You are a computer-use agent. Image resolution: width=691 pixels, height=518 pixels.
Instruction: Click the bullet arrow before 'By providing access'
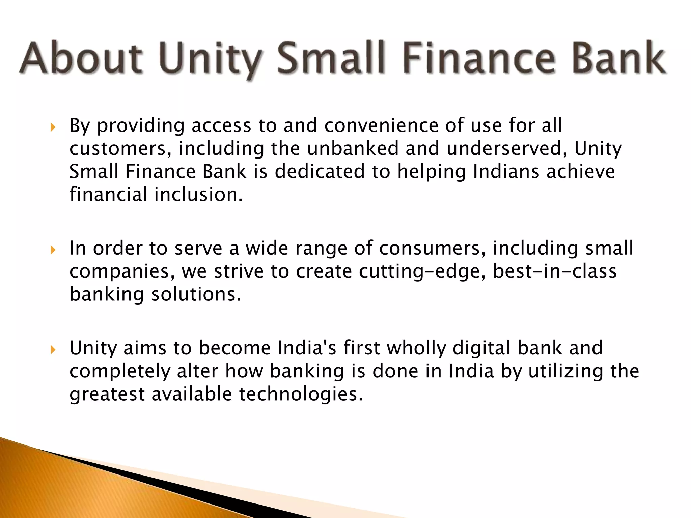click(53, 127)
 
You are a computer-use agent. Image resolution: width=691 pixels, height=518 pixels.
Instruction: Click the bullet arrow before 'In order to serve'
click(53, 250)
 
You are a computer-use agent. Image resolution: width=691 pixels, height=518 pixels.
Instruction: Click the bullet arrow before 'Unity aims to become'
click(53, 350)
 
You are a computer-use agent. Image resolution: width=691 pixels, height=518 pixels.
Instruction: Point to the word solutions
click(196, 294)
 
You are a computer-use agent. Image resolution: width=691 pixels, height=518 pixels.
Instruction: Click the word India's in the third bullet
click(307, 348)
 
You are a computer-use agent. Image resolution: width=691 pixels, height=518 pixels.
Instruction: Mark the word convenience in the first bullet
click(381, 125)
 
